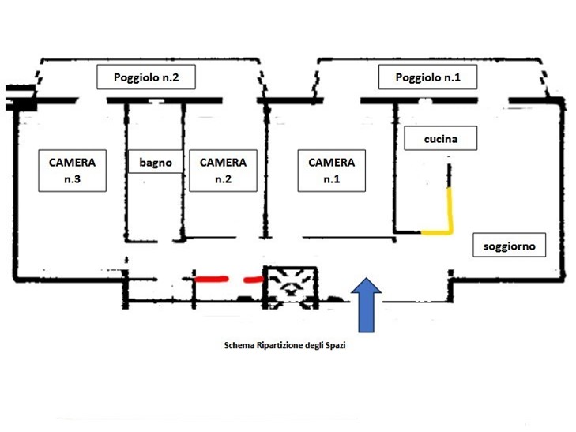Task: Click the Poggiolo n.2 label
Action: coord(146,77)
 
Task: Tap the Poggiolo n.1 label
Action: coord(427,77)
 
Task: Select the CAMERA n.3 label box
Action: coord(72,171)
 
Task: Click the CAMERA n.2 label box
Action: coord(223,171)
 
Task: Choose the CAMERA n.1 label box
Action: coord(332,171)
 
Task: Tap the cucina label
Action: coord(441,139)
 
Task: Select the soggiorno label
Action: coord(510,246)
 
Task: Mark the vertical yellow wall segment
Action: coord(450,209)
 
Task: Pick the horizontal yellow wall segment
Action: coord(435,232)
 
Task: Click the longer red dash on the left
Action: coord(212,279)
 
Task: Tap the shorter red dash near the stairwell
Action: coord(254,279)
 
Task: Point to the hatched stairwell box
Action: coord(291,285)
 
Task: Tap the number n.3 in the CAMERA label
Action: coord(72,179)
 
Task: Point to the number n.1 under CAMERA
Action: coord(332,179)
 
